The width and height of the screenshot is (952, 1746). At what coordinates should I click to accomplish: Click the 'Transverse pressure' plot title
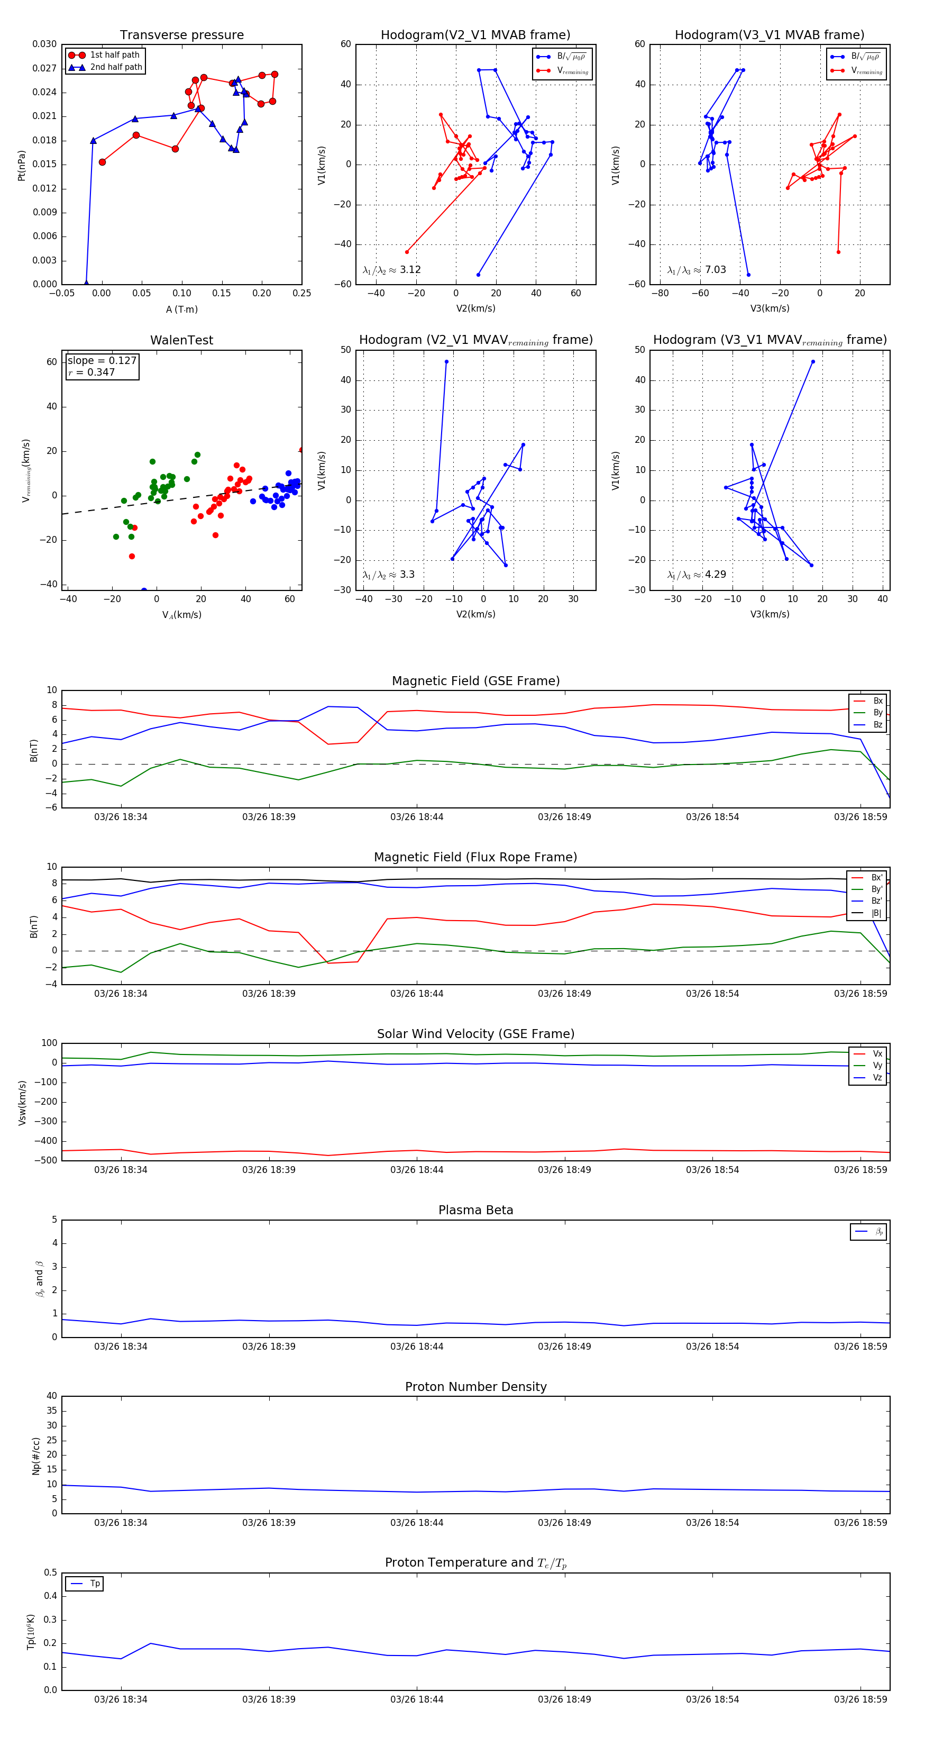tap(181, 35)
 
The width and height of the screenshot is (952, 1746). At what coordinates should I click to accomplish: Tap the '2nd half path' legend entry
tap(116, 67)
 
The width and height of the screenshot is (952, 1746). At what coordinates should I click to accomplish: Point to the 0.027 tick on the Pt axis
tap(45, 68)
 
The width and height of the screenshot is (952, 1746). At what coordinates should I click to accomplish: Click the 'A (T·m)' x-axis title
tap(181, 309)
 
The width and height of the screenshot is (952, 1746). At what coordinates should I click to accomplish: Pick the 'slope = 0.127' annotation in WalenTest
tap(102, 361)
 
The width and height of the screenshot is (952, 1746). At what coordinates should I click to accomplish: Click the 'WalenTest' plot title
tap(181, 340)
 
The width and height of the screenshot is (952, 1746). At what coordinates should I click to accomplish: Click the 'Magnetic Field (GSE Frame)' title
tap(475, 681)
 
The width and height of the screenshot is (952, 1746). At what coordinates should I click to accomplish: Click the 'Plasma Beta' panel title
tap(475, 1211)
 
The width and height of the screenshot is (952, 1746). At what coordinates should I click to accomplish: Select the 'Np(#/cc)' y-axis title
tap(36, 1456)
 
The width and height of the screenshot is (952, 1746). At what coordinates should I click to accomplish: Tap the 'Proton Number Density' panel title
tap(475, 1387)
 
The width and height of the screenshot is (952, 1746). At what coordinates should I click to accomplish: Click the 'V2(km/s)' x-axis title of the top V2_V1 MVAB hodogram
tap(475, 308)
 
